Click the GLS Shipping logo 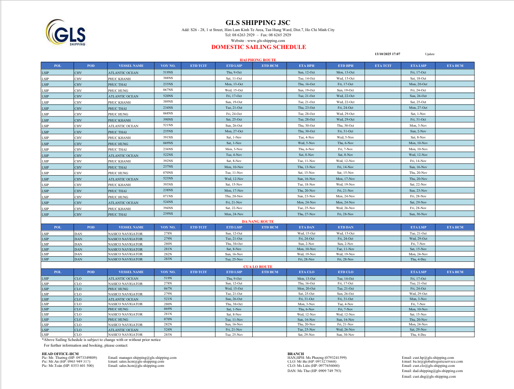(66, 33)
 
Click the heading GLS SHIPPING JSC (258, 23)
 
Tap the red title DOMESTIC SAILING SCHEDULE (258, 47)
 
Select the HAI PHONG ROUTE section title (258, 60)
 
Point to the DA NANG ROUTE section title (258, 221)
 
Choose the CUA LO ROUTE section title (258, 267)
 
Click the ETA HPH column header (307, 66)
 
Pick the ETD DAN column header (346, 227)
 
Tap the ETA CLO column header (307, 272)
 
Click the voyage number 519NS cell (168, 72)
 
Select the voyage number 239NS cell (168, 214)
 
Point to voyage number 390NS (168, 120)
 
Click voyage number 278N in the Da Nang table (168, 233)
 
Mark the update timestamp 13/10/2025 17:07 (387, 54)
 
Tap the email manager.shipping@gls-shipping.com (142, 357)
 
